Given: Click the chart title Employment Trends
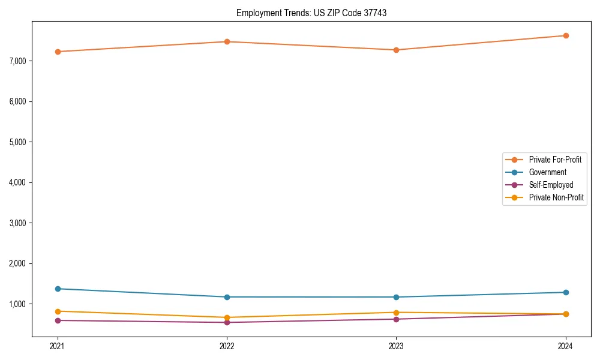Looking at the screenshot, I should tap(311, 13).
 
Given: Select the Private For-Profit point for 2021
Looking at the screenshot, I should tap(58, 52).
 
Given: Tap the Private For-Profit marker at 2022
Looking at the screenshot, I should tap(227, 41).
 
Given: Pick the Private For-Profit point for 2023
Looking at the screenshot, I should tap(396, 50).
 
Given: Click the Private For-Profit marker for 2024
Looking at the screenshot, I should tap(566, 35).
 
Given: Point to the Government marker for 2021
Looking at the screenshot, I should tap(58, 289).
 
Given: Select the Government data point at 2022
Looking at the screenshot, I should tap(227, 297).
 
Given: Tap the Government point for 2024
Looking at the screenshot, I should tap(566, 292).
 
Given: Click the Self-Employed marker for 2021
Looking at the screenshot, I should tap(58, 320).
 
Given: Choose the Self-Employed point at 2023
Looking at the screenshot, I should tap(396, 319).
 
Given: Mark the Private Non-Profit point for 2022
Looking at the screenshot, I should tap(227, 317).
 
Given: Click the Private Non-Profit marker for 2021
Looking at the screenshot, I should tap(58, 311).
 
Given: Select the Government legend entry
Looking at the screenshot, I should tap(547, 172).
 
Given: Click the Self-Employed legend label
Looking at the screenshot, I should tap(551, 185).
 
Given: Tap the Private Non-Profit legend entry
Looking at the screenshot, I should tap(556, 197).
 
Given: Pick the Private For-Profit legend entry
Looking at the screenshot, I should tap(554, 160).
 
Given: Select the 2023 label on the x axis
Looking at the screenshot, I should tap(396, 346).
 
